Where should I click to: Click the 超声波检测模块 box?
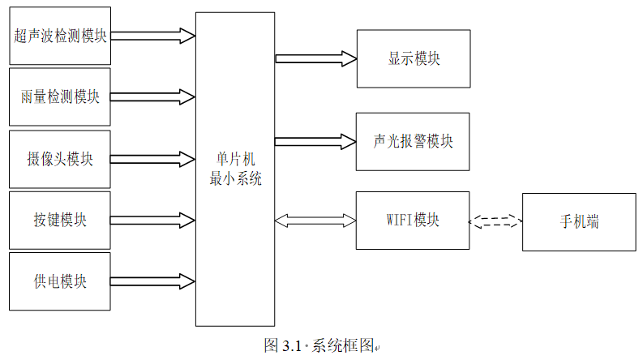tap(60, 36)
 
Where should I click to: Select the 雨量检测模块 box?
tap(60, 97)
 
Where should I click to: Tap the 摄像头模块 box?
tap(60, 159)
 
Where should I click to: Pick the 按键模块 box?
tap(60, 220)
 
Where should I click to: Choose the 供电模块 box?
tap(60, 281)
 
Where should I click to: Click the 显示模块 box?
tap(413, 58)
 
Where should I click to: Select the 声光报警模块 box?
tap(413, 141)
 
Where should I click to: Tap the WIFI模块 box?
tap(413, 221)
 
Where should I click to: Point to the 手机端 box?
tap(579, 221)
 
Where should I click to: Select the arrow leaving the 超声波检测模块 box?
tap(152, 36)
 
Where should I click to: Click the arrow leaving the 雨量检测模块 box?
tap(152, 97)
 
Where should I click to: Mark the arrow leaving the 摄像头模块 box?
tap(152, 159)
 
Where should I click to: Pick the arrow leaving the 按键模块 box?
tap(152, 220)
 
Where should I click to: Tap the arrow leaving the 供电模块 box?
tap(152, 281)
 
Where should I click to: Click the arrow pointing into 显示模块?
tap(316, 58)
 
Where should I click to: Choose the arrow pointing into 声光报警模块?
tap(316, 141)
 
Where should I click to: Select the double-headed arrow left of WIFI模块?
tap(316, 221)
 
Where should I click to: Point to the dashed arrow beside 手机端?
tap(495, 221)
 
